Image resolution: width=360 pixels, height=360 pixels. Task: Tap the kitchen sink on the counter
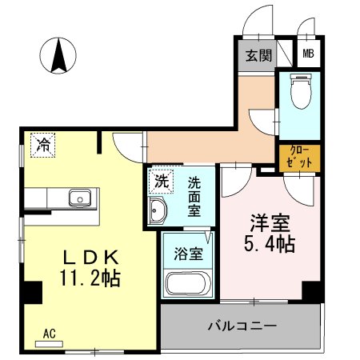click(x=80, y=198)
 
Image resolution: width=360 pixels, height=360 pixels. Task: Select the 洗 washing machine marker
click(x=162, y=182)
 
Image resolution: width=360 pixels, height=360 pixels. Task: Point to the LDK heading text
click(x=91, y=258)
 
